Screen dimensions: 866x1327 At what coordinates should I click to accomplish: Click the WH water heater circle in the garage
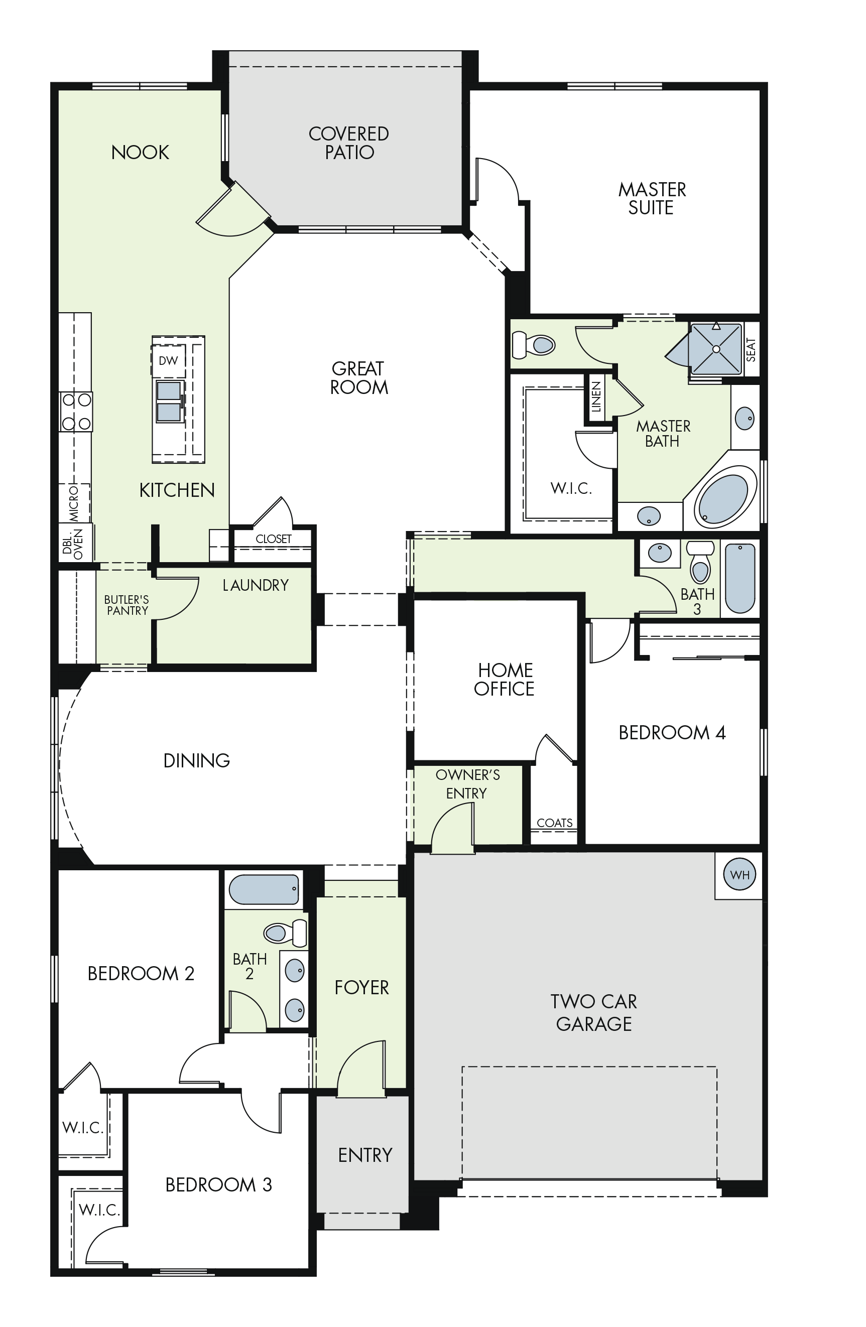click(739, 874)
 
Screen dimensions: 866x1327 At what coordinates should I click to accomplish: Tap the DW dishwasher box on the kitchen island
click(168, 361)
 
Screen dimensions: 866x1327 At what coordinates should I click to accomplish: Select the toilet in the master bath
click(533, 345)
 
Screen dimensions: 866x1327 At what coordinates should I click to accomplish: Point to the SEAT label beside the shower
click(751, 350)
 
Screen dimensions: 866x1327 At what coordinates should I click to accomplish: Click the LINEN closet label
click(596, 396)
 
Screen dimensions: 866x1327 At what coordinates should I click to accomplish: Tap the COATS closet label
click(554, 823)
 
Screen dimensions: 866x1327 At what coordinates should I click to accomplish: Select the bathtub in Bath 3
click(740, 578)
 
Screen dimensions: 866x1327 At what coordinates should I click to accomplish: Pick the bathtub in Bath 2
click(264, 889)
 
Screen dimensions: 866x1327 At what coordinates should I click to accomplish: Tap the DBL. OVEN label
click(72, 544)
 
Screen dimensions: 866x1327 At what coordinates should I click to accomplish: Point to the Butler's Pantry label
click(127, 605)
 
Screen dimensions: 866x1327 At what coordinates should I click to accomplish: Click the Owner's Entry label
click(467, 784)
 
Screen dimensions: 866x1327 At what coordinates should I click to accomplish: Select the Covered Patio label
click(349, 143)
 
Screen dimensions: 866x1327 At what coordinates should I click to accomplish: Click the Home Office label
click(505, 679)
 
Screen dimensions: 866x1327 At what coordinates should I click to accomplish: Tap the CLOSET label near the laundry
click(273, 539)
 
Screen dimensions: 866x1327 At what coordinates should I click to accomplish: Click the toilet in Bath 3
click(700, 562)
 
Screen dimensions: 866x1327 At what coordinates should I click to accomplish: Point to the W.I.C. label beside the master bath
click(571, 488)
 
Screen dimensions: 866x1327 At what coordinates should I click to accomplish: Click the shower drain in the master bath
click(716, 349)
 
